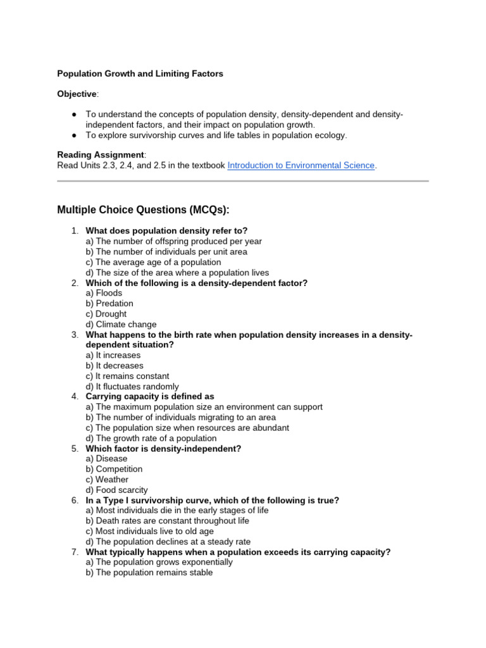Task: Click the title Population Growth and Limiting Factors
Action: coord(140,74)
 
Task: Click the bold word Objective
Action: coord(77,94)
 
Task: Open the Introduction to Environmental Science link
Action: coord(301,166)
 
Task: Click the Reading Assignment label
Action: coord(101,155)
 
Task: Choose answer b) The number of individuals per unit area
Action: coord(166,252)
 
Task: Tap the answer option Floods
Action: coord(104,293)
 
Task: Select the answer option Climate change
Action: coord(121,325)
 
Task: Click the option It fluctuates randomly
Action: coord(132,387)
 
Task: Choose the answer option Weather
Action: coord(107,480)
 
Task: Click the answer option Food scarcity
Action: coord(116,490)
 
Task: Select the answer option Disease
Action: coord(106,459)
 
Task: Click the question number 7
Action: coord(75,552)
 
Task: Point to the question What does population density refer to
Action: coord(166,231)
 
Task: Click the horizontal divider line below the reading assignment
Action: coord(243,182)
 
